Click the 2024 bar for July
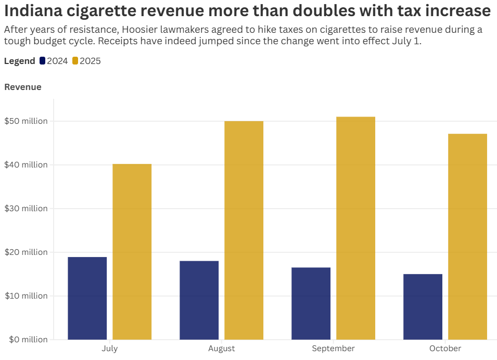[87, 298]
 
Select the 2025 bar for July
[132, 252]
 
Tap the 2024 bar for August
[199, 300]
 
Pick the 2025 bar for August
[244, 230]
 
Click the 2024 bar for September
[311, 303]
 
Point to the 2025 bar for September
[355, 228]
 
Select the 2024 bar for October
[423, 306]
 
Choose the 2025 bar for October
[467, 237]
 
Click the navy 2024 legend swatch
[42, 61]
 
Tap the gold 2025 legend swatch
[75, 61]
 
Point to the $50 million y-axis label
[26, 121]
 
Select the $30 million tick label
[26, 209]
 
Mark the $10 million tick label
[26, 296]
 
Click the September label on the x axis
[333, 349]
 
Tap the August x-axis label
[221, 349]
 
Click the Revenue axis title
[23, 87]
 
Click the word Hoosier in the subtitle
[137, 30]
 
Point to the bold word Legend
[20, 61]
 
